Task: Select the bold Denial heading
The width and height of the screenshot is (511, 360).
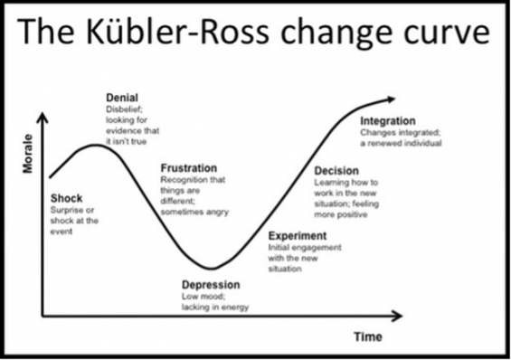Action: [x=122, y=97]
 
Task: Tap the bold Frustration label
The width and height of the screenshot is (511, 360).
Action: [x=188, y=167]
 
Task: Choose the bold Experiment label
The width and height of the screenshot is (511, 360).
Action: [x=298, y=236]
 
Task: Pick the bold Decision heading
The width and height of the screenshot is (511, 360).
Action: [x=336, y=171]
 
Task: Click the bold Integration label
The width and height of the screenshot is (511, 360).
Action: [x=387, y=121]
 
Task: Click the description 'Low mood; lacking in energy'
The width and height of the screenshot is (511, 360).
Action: [x=214, y=300]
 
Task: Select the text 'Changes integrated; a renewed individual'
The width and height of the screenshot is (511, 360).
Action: [x=401, y=137]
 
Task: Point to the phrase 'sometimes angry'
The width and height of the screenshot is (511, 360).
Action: [x=194, y=212]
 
